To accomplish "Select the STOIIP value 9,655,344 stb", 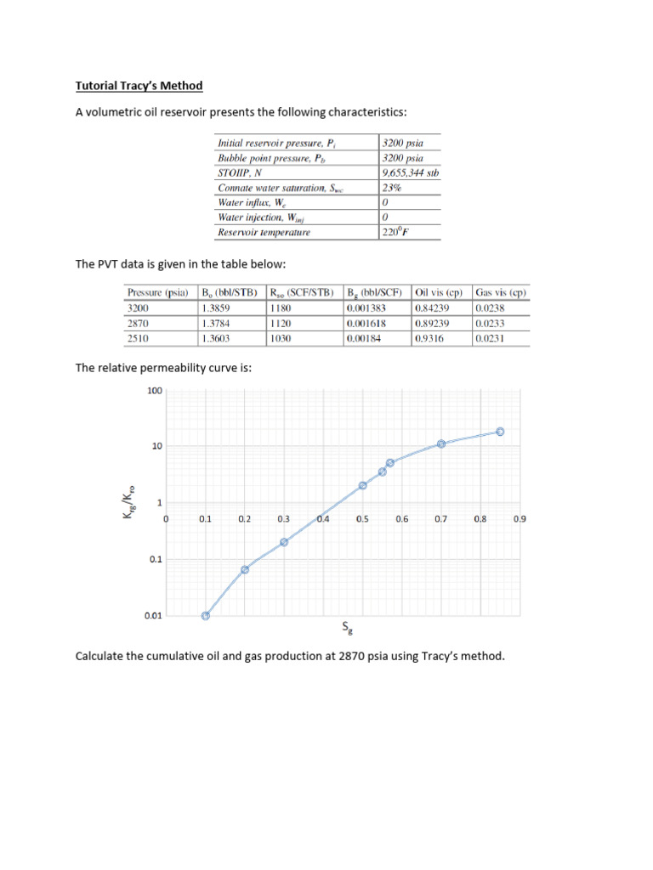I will point(410,172).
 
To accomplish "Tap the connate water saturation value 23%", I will point(392,187).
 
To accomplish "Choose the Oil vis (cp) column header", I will point(438,293).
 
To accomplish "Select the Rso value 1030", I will point(282,338).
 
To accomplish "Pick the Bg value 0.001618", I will point(366,323).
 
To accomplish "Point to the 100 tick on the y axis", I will point(154,391).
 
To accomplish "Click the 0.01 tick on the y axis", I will point(152,616).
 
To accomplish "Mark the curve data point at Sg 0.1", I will point(205,616).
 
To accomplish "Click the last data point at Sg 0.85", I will point(500,432).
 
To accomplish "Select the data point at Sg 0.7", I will point(441,444).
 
